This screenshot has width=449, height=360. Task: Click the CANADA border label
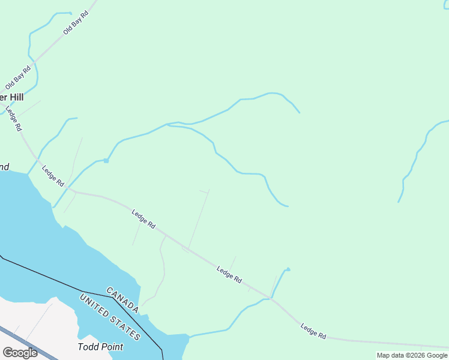(123, 299)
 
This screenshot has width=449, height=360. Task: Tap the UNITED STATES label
(110, 317)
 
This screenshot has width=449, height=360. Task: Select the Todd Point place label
(100, 347)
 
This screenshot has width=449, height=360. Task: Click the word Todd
(89, 347)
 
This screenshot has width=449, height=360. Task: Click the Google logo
(20, 352)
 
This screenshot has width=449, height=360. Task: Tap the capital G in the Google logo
(8, 352)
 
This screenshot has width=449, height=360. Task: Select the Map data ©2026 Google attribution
(412, 355)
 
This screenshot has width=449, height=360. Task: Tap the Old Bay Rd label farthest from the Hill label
(76, 22)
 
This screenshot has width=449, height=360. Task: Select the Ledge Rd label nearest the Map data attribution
(313, 332)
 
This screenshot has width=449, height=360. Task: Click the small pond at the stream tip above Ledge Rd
(288, 269)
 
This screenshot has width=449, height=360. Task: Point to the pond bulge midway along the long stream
(106, 160)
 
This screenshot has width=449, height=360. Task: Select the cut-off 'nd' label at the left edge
(4, 167)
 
